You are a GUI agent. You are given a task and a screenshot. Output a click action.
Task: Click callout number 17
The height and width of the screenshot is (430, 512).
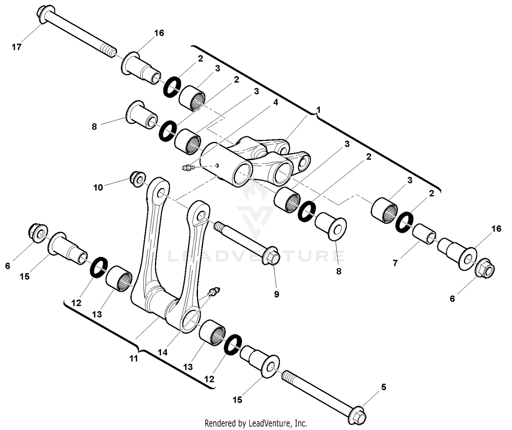(16, 47)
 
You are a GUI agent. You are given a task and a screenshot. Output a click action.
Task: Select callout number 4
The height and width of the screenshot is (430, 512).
(275, 102)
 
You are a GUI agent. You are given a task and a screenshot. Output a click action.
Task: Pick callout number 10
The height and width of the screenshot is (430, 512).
(98, 187)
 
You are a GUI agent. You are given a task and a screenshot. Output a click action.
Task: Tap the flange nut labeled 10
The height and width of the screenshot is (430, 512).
(137, 178)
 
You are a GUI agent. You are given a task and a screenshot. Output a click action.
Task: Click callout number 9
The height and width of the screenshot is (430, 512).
(276, 294)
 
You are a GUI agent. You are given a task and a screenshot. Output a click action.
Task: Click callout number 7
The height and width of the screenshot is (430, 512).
(395, 263)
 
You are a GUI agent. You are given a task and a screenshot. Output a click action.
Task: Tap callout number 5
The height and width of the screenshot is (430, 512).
(384, 387)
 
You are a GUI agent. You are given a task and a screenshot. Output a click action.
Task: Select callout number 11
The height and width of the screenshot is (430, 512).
(134, 358)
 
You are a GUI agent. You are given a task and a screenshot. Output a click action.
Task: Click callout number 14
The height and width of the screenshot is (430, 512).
(163, 352)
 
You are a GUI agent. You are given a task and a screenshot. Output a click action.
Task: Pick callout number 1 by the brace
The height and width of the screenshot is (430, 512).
(318, 110)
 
